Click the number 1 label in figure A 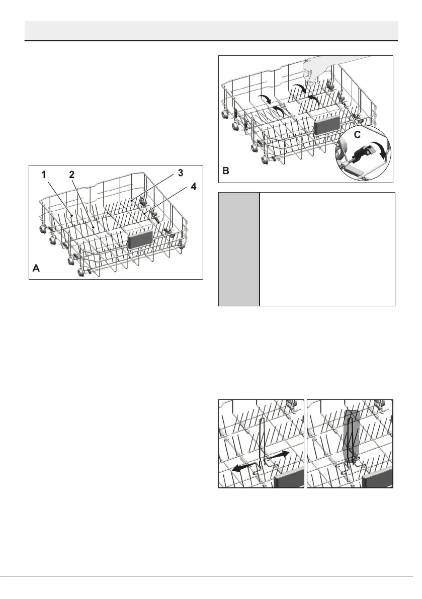44,175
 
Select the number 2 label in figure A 71,175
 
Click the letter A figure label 36,269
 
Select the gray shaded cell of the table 239,248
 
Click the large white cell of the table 327,248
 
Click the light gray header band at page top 211,30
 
